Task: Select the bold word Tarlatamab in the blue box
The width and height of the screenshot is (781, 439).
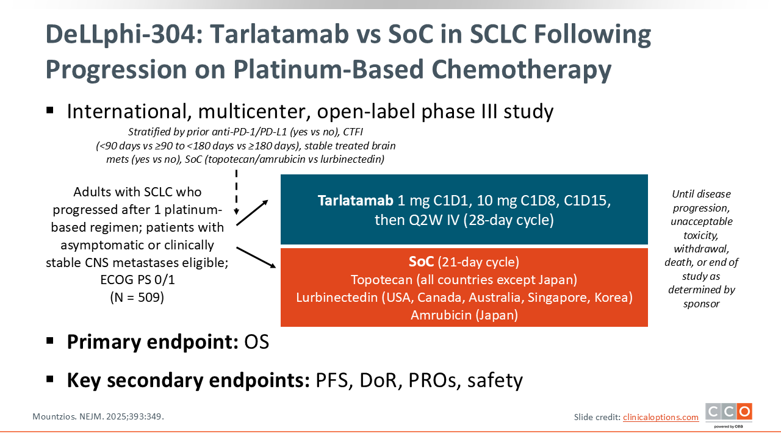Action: tap(355, 201)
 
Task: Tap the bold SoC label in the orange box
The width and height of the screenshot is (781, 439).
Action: tap(421, 262)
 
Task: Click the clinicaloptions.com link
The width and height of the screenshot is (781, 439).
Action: tap(661, 417)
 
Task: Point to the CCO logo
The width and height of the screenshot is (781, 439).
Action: tap(729, 415)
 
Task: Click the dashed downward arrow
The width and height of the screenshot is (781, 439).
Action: tap(236, 192)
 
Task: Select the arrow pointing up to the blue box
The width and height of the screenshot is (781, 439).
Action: tap(252, 213)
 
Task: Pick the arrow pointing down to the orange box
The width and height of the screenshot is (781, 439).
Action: tap(256, 257)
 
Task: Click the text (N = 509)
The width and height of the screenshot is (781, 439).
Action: tap(137, 297)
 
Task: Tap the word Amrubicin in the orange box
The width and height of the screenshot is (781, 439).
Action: tap(441, 315)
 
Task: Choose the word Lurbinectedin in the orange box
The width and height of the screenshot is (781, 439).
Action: tap(337, 297)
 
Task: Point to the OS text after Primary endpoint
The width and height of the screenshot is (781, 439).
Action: tap(257, 342)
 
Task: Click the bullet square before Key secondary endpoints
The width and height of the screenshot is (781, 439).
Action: tap(50, 379)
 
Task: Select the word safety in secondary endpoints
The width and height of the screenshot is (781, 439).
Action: tap(495, 380)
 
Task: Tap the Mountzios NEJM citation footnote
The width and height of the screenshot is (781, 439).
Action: tap(98, 416)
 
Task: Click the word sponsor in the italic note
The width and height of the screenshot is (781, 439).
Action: tap(701, 304)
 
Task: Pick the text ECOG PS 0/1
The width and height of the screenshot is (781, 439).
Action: tap(137, 280)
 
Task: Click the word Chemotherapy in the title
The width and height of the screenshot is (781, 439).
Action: tap(521, 70)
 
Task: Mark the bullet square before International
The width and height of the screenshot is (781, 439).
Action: tap(50, 110)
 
